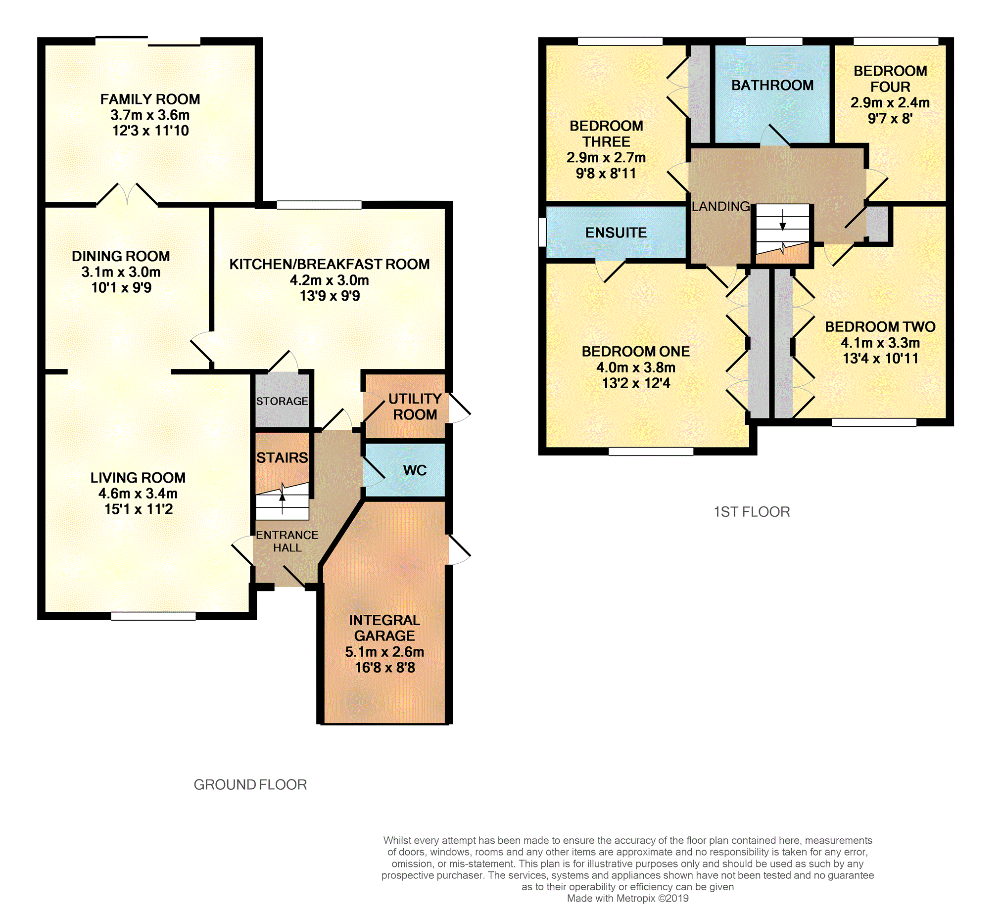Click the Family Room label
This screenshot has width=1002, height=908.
coord(150,99)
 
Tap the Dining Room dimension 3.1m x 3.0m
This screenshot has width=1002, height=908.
coord(121,272)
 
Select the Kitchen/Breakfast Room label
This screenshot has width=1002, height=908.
coord(330,264)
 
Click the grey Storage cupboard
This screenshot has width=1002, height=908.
coord(282,401)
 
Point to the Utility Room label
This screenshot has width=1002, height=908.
coord(415,407)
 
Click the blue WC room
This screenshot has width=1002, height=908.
coord(405,470)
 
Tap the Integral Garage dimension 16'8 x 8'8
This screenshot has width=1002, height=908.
coord(384,667)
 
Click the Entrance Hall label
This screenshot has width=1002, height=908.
coord(287,542)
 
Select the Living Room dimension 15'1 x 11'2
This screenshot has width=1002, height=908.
coord(139,509)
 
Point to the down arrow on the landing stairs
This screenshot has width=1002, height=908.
coord(783,220)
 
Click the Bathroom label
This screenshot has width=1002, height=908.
coord(772,86)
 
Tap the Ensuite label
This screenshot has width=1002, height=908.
coord(616,232)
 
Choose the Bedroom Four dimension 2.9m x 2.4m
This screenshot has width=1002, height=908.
coord(890,103)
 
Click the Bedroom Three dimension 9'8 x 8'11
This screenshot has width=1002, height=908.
coord(606,174)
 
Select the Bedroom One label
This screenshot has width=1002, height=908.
coord(636,352)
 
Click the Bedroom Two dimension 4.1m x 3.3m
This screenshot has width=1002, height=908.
coord(880,343)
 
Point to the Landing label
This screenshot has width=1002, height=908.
coord(720,206)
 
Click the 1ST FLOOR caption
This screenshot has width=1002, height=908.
coord(752,512)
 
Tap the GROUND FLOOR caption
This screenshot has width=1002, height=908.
coord(250,785)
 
